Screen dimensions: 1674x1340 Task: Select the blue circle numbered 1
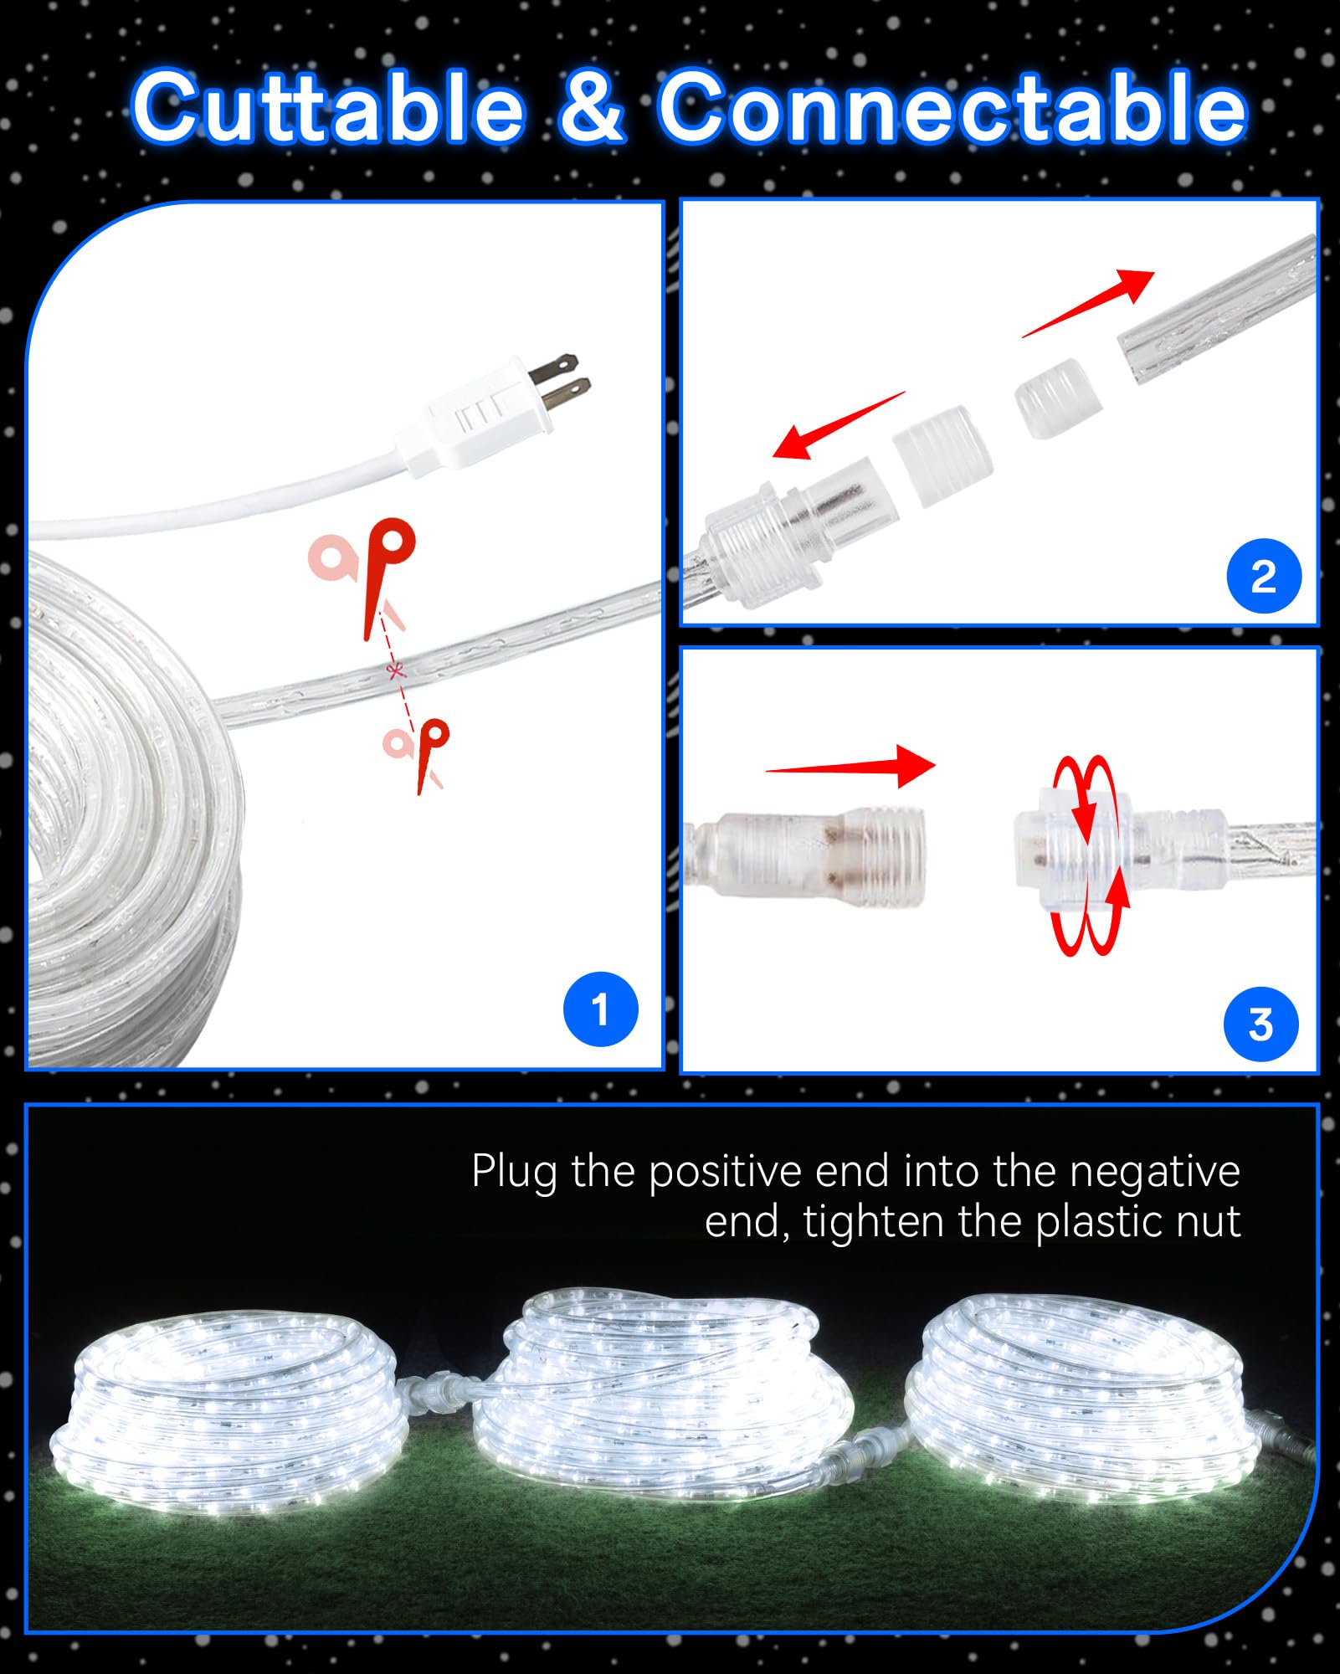(x=600, y=1009)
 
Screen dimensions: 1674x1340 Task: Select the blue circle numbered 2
(x=1263, y=576)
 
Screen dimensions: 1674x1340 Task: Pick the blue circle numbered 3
(x=1260, y=1024)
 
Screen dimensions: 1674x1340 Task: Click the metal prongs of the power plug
(x=562, y=378)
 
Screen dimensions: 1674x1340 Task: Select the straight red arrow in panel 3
(x=850, y=765)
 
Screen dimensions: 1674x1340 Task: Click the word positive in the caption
(x=725, y=1172)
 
